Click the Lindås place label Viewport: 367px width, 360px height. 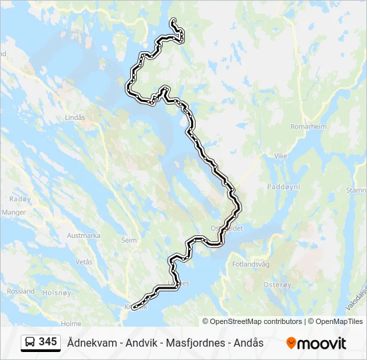click(x=75, y=117)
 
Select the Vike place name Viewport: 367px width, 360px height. click(x=280, y=155)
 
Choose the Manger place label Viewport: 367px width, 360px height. click(x=13, y=213)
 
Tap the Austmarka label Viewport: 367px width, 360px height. click(x=83, y=235)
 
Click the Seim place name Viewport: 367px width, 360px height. click(x=129, y=240)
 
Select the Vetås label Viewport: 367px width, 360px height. click(x=84, y=262)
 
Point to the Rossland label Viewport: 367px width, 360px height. click(x=21, y=291)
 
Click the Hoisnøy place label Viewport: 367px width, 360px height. click(x=56, y=291)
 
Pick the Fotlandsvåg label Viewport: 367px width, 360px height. click(x=251, y=264)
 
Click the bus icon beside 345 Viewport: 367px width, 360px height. click(x=30, y=342)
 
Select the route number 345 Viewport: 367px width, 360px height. click(x=47, y=342)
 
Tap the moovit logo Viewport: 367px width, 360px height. click(x=316, y=343)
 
